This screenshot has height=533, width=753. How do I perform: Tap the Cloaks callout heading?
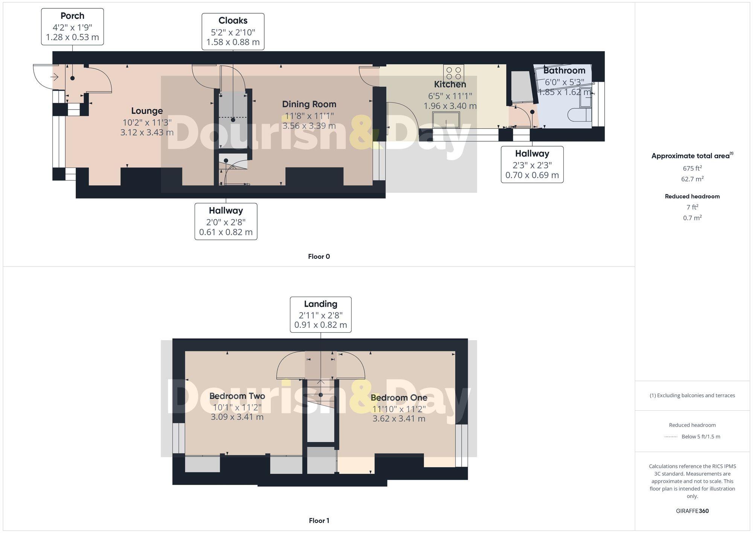[x=233, y=21]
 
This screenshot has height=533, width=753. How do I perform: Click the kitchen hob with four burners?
[x=454, y=73]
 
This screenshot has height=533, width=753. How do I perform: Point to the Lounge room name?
[x=147, y=111]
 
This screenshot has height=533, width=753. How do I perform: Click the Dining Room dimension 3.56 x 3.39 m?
[x=309, y=126]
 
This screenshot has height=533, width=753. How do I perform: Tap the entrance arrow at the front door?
[x=55, y=78]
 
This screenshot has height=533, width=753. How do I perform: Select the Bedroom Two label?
[x=237, y=396]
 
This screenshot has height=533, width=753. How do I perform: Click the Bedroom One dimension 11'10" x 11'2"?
[x=399, y=409]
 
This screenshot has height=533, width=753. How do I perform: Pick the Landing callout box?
[x=320, y=315]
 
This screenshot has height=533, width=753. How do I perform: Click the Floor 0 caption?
[x=319, y=257]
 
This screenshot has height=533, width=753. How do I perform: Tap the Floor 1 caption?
[x=319, y=521]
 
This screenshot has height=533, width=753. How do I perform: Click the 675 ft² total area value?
[x=692, y=168]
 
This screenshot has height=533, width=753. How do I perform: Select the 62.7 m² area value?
[x=692, y=179]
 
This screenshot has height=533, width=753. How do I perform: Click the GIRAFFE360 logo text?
[x=692, y=511]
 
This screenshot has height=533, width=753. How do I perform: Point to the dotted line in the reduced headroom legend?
[x=671, y=437]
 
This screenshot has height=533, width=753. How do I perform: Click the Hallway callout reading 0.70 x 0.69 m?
[x=532, y=165]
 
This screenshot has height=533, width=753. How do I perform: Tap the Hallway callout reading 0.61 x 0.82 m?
[x=226, y=221]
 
